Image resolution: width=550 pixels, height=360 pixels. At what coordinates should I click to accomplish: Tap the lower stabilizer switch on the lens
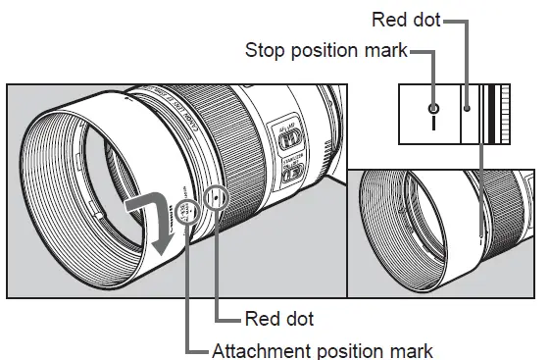pos(292,176)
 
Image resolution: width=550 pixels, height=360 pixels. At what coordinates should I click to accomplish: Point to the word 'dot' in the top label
pos(425,19)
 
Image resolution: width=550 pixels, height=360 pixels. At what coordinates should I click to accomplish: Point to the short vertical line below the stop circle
pos(432,126)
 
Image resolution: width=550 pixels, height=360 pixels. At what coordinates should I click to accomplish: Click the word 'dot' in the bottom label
pos(298,320)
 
